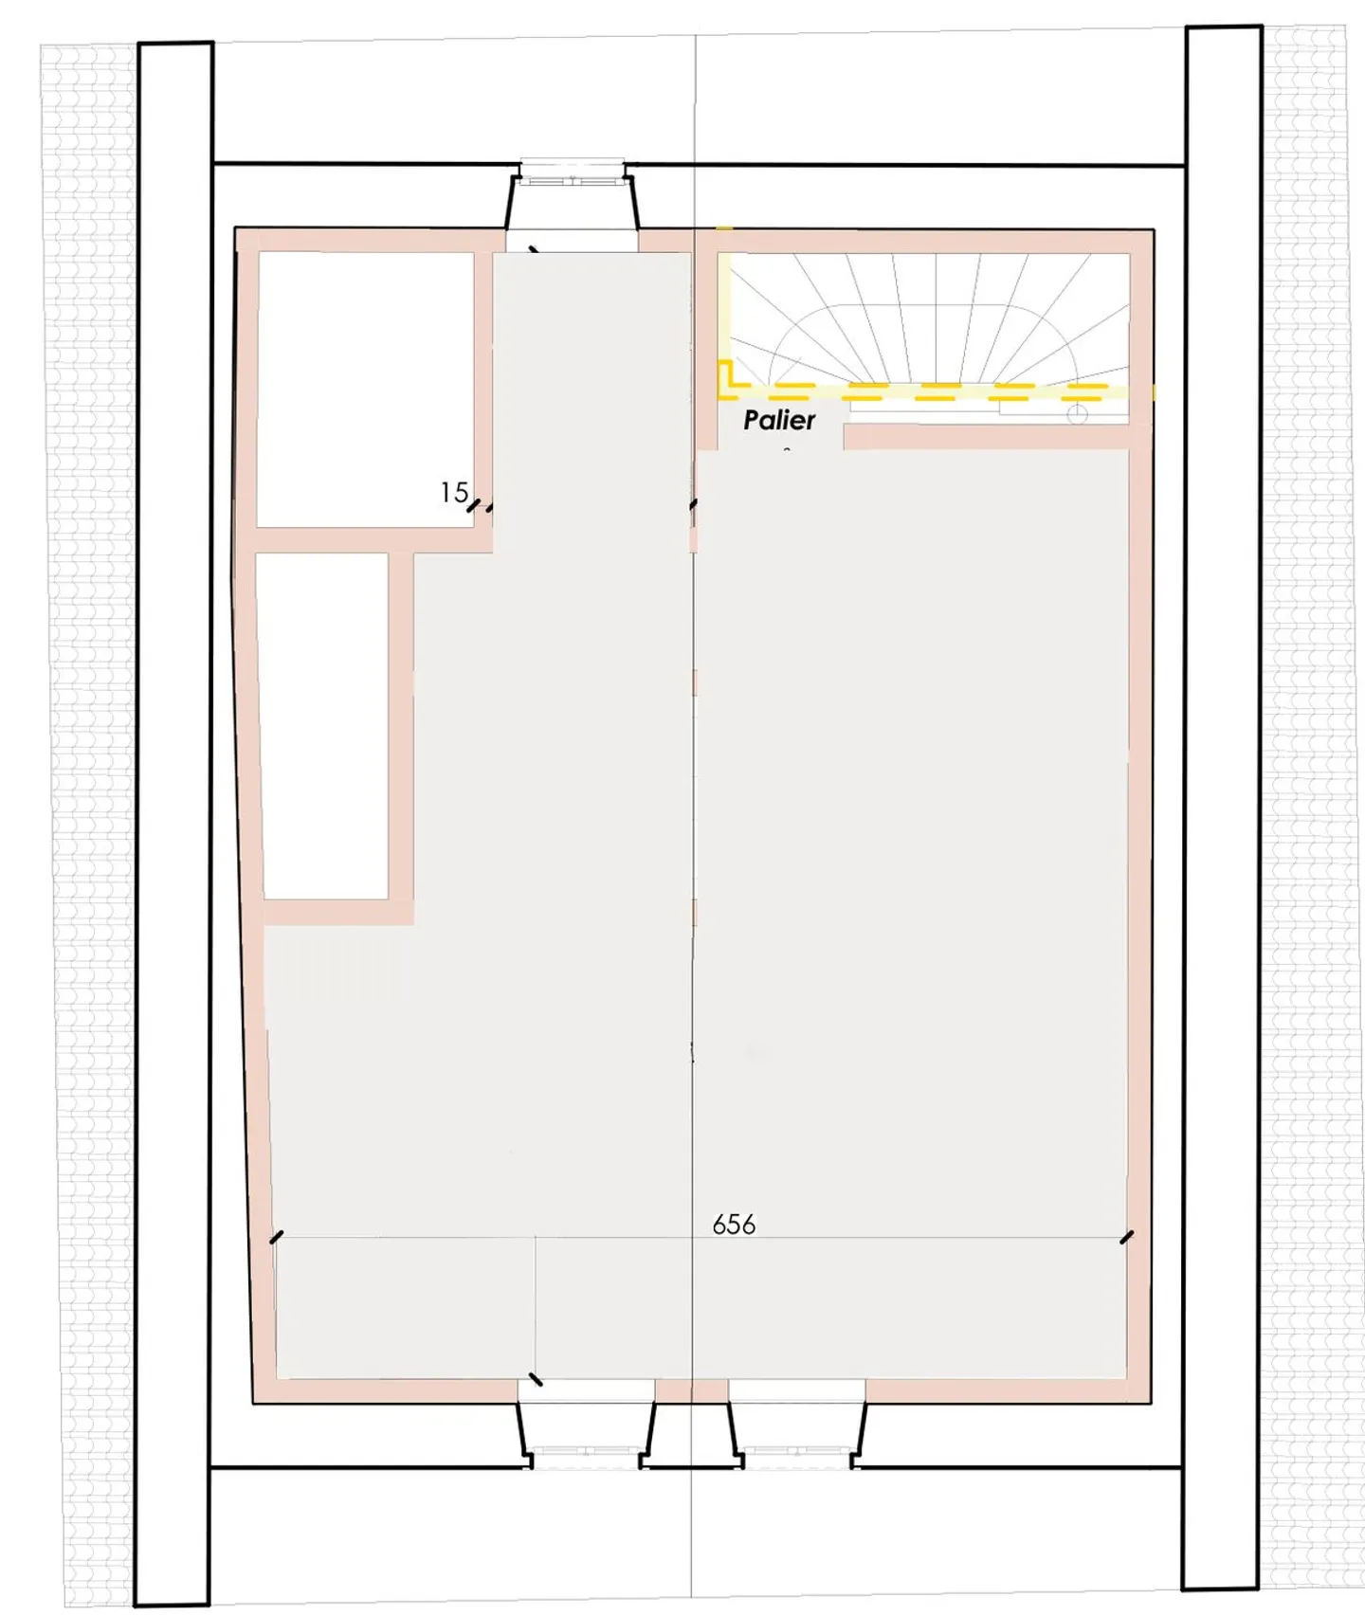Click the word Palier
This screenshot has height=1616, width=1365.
click(778, 420)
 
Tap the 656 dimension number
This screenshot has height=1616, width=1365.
click(734, 1225)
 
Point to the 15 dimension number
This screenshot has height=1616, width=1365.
click(454, 492)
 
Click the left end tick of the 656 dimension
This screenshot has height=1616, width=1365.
click(276, 1237)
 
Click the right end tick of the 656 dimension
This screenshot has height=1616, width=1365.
click(1126, 1237)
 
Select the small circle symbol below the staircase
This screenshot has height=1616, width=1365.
click(1076, 413)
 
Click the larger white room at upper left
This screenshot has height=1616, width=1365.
click(366, 389)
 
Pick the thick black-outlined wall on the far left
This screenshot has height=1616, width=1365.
click(173, 825)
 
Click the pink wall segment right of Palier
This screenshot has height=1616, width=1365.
click(986, 436)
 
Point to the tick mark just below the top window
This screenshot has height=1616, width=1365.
click(534, 251)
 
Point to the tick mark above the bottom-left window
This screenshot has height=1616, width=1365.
click(536, 1379)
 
